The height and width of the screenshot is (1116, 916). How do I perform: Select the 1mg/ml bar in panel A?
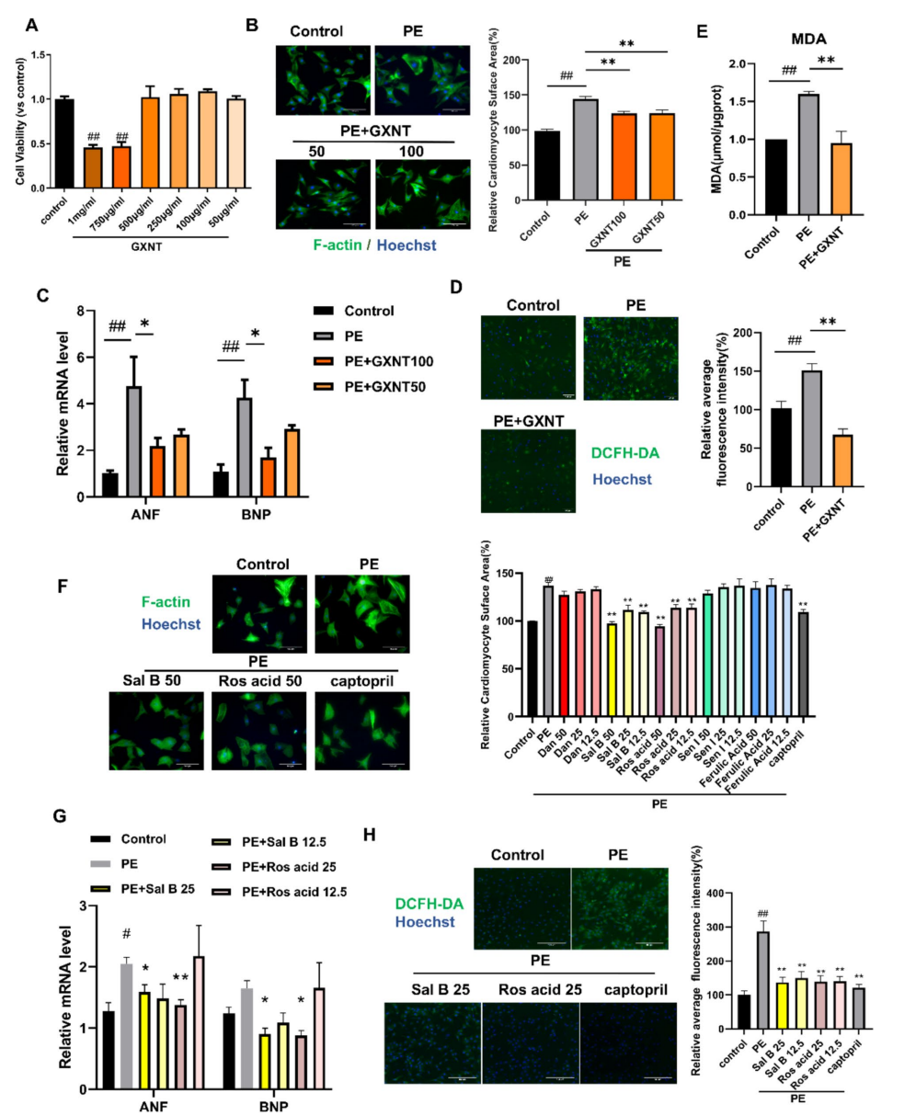pyautogui.click(x=93, y=167)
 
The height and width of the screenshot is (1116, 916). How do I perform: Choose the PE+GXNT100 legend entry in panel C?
pyautogui.click(x=363, y=362)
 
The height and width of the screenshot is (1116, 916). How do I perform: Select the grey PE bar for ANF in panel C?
pyautogui.click(x=133, y=441)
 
